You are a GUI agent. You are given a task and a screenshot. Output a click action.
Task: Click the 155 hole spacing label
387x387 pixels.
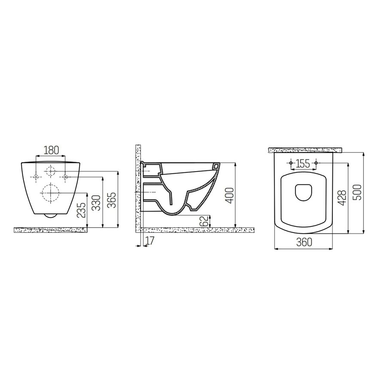pos(304,163)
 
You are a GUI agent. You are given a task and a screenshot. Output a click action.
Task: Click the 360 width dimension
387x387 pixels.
pos(304,243)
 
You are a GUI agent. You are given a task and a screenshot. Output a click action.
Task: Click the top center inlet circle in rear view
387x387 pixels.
pos(51,171)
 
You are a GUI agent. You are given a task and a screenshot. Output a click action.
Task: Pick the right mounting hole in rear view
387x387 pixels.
pos(65,177)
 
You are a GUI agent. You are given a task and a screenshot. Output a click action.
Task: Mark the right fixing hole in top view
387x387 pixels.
pos(316,163)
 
